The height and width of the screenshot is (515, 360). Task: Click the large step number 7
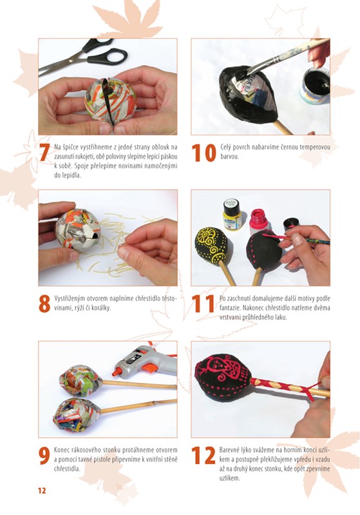[44, 152]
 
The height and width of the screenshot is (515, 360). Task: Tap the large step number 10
[204, 153]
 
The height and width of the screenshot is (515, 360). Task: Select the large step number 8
[44, 304]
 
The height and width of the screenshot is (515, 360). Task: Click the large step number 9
[44, 456]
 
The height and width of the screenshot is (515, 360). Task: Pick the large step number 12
[204, 456]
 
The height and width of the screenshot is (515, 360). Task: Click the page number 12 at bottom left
[42, 491]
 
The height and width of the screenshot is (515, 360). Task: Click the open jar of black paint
[315, 86]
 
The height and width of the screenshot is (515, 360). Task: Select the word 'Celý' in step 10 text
[226, 147]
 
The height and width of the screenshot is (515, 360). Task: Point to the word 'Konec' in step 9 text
[62, 450]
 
